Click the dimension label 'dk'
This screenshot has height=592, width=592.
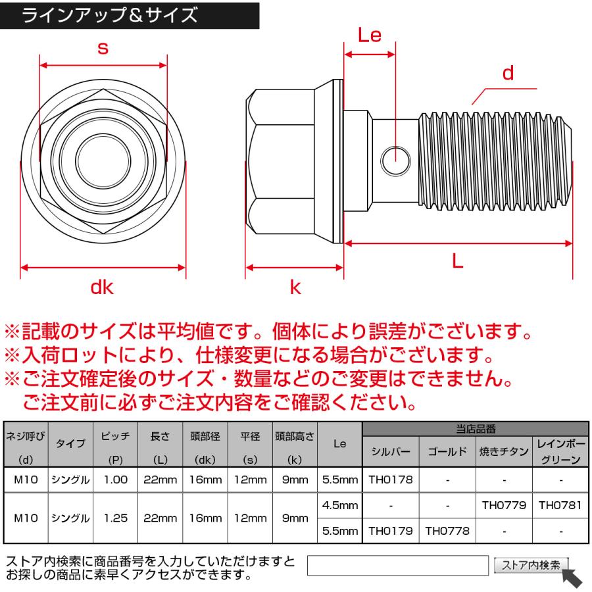[x=103, y=287]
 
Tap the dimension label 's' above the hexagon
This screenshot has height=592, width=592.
[x=103, y=47]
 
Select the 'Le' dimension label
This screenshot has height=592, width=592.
[x=370, y=35]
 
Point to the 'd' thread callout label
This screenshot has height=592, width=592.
[x=508, y=73]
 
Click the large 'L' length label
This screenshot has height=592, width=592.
[x=458, y=261]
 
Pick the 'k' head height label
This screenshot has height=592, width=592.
[x=295, y=287]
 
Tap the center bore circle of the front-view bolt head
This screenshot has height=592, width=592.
[x=103, y=158]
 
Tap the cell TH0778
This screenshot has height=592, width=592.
[x=447, y=530]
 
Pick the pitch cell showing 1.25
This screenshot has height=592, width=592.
[x=116, y=518]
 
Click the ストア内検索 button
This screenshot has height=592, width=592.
[x=531, y=564]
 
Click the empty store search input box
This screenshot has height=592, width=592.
[x=397, y=565]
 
